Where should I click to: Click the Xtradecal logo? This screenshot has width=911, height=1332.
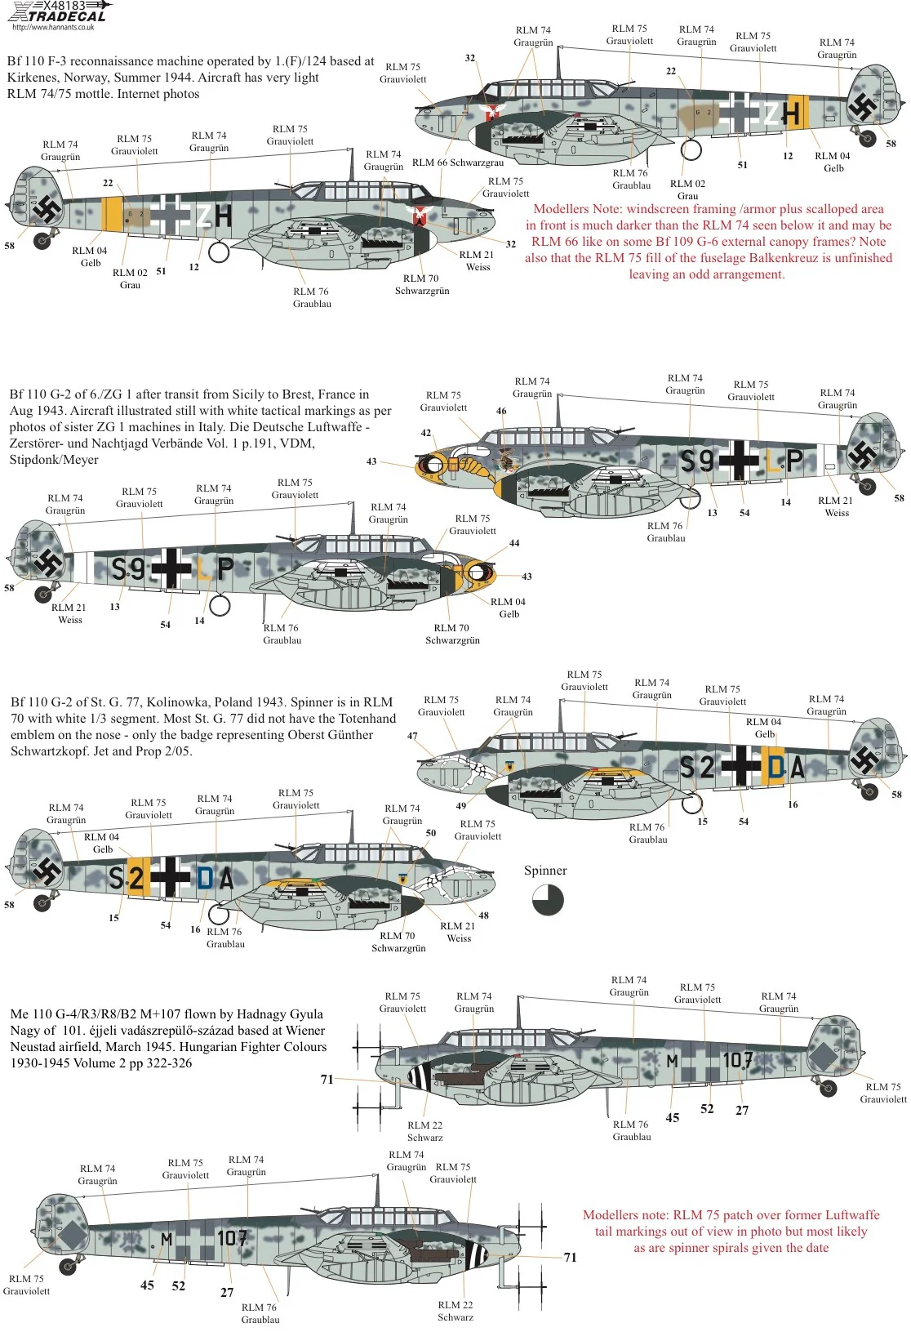(x=57, y=11)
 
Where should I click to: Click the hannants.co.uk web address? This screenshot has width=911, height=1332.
(x=53, y=27)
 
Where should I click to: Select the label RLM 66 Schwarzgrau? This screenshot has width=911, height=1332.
(x=458, y=163)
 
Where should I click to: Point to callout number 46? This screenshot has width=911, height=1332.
(x=501, y=411)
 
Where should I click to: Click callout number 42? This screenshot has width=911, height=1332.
(x=425, y=433)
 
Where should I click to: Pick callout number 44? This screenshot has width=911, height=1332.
(x=514, y=543)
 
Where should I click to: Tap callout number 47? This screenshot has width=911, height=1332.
(x=411, y=736)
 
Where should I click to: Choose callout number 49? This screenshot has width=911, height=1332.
(x=460, y=806)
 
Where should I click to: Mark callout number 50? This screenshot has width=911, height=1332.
(x=431, y=833)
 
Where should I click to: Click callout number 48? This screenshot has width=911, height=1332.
(x=483, y=915)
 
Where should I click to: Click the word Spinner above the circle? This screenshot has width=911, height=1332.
(x=545, y=871)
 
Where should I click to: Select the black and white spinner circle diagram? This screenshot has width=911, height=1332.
(x=547, y=900)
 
